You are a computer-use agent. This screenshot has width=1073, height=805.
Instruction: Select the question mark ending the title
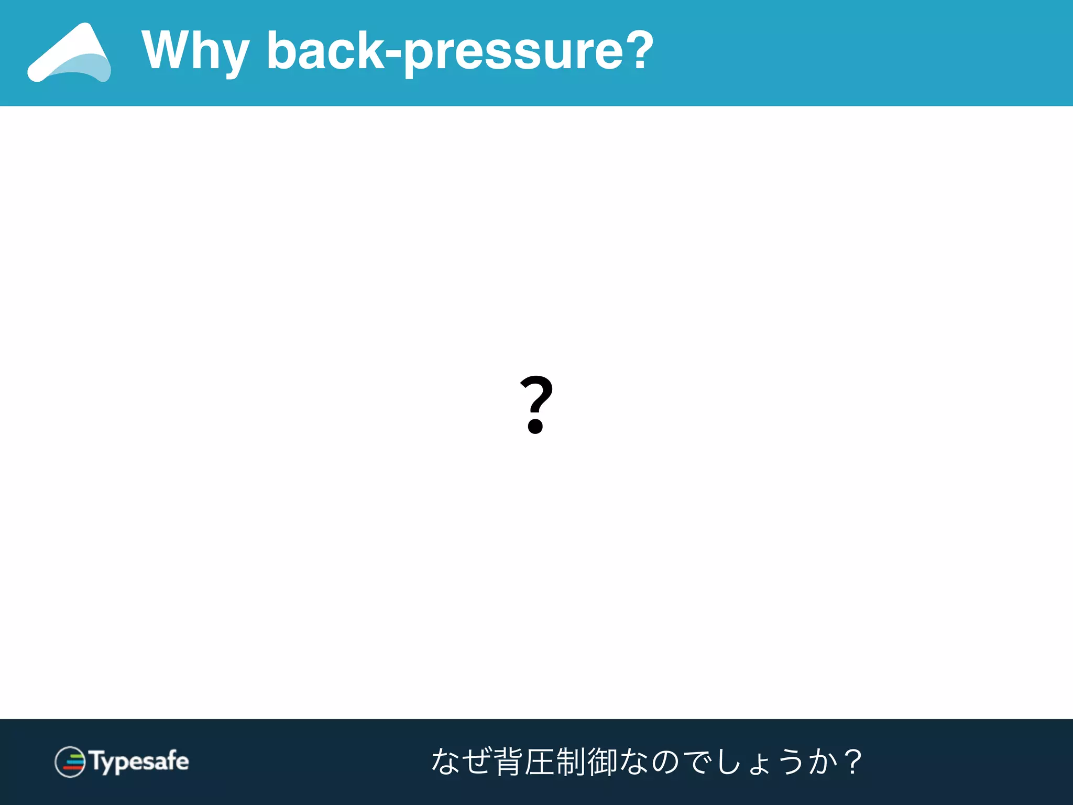pos(637,49)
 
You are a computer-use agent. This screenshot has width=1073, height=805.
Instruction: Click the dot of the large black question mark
pos(535,426)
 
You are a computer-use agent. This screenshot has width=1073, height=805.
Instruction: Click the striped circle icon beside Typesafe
pos(70,762)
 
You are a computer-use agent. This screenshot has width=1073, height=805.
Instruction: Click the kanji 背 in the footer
pos(508,762)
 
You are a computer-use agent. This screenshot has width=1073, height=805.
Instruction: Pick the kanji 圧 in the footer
pos(539,762)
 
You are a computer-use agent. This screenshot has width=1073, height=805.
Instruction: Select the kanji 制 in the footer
pos(571,762)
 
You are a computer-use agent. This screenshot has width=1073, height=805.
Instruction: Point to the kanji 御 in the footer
pos(603,762)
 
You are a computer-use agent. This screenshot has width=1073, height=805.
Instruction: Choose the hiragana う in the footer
pos(792,762)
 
